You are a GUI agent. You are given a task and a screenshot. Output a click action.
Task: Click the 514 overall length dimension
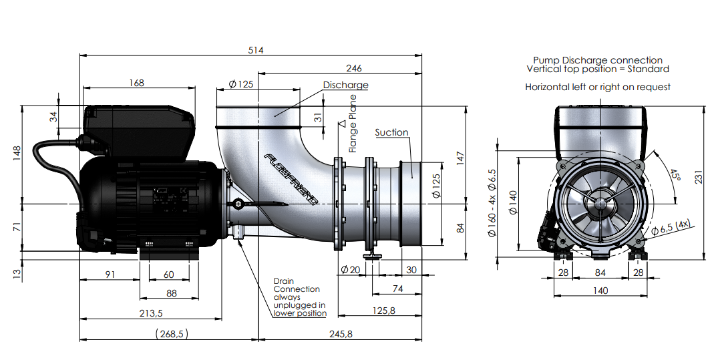pyautogui.click(x=256, y=50)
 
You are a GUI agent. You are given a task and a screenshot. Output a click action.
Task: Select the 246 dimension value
pyautogui.click(x=354, y=68)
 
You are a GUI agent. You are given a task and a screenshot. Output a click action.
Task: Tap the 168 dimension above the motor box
pyautogui.click(x=136, y=83)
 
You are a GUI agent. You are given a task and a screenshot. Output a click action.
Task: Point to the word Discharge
pyautogui.click(x=346, y=85)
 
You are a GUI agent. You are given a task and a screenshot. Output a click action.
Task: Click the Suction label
pyautogui.click(x=392, y=132)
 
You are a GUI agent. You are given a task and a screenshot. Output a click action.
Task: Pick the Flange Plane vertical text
pyautogui.click(x=353, y=124)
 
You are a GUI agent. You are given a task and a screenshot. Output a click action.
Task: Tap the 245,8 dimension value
pyautogui.click(x=341, y=334)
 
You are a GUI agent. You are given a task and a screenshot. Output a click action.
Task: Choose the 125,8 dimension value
pyautogui.click(x=383, y=311)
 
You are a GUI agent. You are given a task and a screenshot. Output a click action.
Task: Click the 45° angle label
pyautogui.click(x=675, y=175)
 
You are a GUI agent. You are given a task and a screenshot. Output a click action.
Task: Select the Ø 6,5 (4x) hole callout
pyautogui.click(x=671, y=227)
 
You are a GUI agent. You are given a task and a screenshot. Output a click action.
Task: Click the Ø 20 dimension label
pyautogui.click(x=350, y=270)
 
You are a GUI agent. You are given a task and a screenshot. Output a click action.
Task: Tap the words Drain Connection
pyautogui.click(x=297, y=285)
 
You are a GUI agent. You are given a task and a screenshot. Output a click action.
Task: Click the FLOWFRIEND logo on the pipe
pyautogui.click(x=291, y=179)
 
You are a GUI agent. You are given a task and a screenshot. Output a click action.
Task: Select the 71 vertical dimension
pyautogui.click(x=17, y=227)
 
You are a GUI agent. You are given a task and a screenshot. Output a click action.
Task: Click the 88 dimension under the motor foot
pyautogui.click(x=171, y=293)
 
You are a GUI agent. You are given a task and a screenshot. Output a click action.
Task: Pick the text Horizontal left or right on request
pyautogui.click(x=598, y=87)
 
